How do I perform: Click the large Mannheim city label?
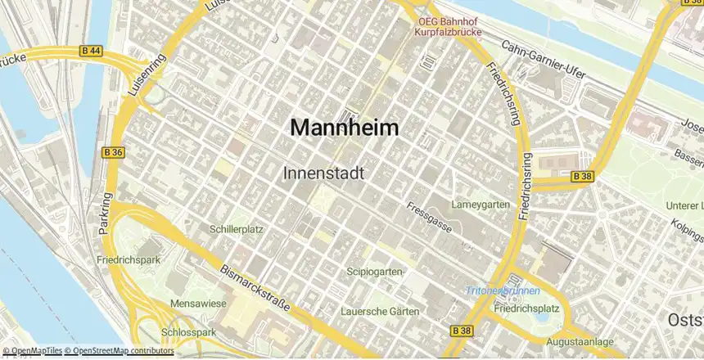point(345,128)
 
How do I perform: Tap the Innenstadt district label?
point(323,173)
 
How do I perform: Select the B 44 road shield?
point(92,52)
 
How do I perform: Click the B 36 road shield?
point(114,152)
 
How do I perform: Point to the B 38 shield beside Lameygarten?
point(582,176)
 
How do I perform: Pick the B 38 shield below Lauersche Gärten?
point(462,331)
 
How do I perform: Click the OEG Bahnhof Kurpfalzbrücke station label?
point(447,28)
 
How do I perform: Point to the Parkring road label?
point(105,214)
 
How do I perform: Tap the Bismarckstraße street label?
point(255,287)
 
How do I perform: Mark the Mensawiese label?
point(197,304)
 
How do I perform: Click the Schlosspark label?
point(188,333)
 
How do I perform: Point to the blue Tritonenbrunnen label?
point(503,290)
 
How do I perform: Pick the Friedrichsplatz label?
point(526,308)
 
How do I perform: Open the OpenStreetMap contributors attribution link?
point(123,351)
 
